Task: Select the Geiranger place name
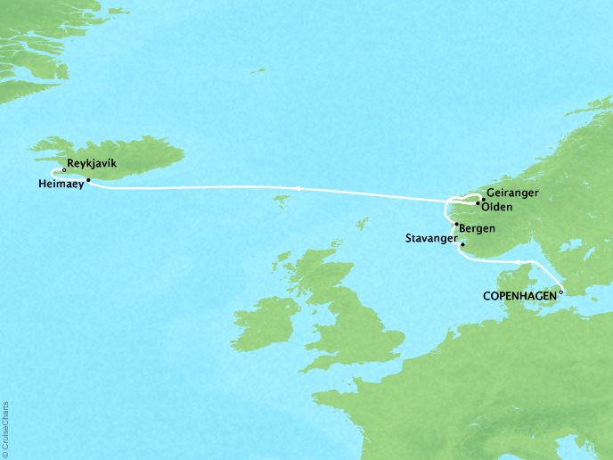(x=514, y=192)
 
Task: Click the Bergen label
(x=479, y=229)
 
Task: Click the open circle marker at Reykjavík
(x=65, y=169)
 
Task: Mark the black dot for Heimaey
(x=88, y=179)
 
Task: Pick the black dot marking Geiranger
(x=483, y=199)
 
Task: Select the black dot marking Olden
(x=478, y=204)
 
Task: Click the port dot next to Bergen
(x=456, y=225)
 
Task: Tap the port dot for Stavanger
(x=462, y=242)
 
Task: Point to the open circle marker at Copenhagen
(x=561, y=291)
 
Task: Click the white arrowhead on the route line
(x=298, y=188)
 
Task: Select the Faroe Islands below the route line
(x=282, y=201)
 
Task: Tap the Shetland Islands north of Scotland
(x=363, y=222)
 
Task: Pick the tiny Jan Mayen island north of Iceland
(x=259, y=70)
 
